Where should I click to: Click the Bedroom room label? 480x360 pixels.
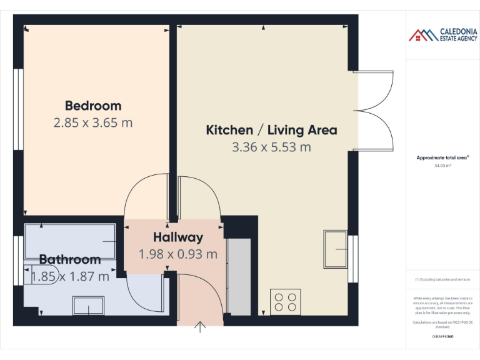[x=93, y=105]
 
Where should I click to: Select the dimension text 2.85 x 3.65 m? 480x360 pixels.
[x=93, y=122]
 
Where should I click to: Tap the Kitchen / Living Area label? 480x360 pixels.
[x=271, y=130]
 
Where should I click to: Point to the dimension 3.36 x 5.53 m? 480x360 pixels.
[x=271, y=147]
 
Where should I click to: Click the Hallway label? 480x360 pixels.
[x=178, y=237]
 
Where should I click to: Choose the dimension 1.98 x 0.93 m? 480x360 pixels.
[x=178, y=254]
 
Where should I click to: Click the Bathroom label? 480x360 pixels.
[x=70, y=259]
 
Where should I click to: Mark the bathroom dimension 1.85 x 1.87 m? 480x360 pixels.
[x=70, y=276]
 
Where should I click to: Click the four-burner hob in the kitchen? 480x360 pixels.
[x=286, y=302]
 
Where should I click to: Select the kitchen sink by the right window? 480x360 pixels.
[x=336, y=249]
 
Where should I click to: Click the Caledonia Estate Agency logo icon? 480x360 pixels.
[x=423, y=35]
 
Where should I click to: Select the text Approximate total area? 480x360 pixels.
[x=442, y=158]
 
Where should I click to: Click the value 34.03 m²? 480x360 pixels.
[x=442, y=166]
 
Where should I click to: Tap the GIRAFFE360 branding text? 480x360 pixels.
[x=442, y=336]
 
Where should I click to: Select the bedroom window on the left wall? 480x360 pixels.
[x=18, y=109]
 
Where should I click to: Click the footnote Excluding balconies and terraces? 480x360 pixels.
[x=442, y=279]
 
